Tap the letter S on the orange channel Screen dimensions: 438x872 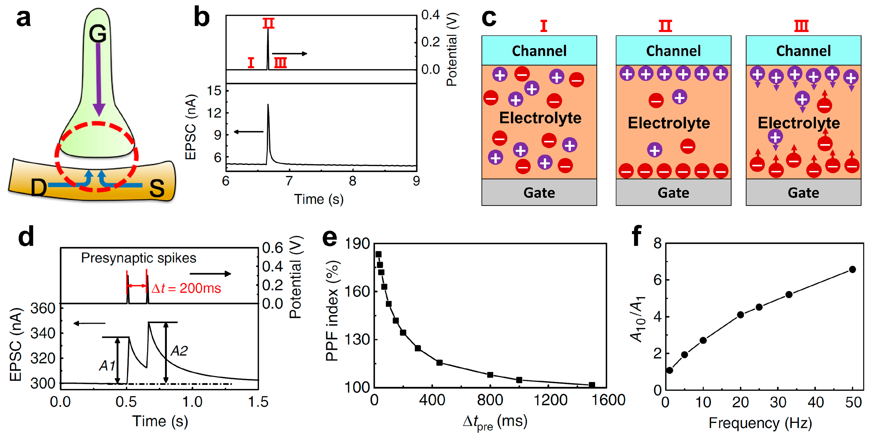click(x=157, y=188)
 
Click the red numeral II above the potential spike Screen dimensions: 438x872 click(x=268, y=23)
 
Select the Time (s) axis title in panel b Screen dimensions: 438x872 click(x=319, y=199)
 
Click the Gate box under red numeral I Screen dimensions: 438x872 click(x=539, y=193)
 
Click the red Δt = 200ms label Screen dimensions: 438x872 click(x=186, y=288)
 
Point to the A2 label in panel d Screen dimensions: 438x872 click(x=179, y=351)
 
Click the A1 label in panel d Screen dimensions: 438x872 click(x=107, y=366)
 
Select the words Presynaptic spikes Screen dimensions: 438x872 click(x=138, y=258)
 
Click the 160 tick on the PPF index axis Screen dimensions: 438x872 click(x=357, y=291)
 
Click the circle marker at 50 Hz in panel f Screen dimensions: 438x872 click(x=852, y=269)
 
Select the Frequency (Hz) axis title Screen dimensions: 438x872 click(x=760, y=423)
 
